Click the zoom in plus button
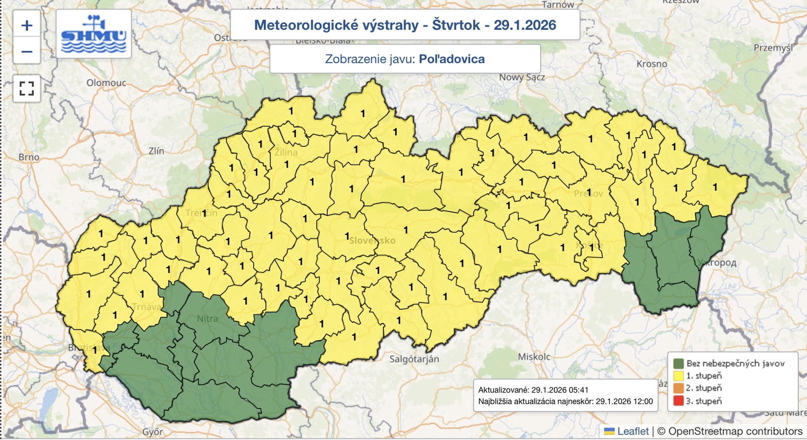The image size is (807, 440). pyautogui.click(x=27, y=25)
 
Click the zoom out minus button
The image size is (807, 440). pyautogui.click(x=27, y=51)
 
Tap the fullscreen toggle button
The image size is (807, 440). pyautogui.click(x=27, y=89)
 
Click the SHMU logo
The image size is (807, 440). pyautogui.click(x=94, y=34)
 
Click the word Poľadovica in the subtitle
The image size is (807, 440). pyautogui.click(x=451, y=59)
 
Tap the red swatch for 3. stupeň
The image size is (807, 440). pyautogui.click(x=678, y=401)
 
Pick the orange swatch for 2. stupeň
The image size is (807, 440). pyautogui.click(x=678, y=388)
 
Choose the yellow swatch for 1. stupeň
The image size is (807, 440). pyautogui.click(x=678, y=375)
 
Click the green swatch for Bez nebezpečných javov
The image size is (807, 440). pyautogui.click(x=678, y=363)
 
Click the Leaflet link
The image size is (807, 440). pyautogui.click(x=632, y=431)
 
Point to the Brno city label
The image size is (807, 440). pyautogui.click(x=29, y=157)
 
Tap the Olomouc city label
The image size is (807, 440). pyautogui.click(x=106, y=83)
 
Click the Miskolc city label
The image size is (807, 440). pyautogui.click(x=534, y=357)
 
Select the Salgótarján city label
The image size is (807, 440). pyautogui.click(x=414, y=359)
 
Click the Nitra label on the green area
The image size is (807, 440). pyautogui.click(x=207, y=318)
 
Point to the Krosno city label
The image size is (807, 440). pyautogui.click(x=652, y=64)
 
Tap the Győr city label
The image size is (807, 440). pyautogui.click(x=152, y=432)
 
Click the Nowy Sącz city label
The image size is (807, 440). pyautogui.click(x=522, y=77)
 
